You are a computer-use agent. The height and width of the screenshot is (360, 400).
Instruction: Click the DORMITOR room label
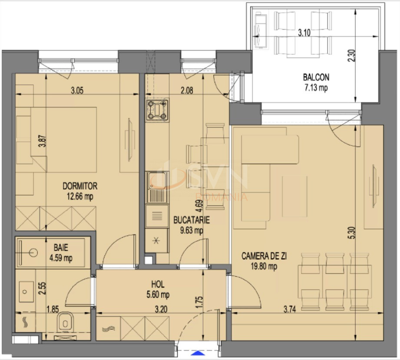(80, 186)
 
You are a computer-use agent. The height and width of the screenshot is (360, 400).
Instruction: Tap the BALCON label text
(316, 77)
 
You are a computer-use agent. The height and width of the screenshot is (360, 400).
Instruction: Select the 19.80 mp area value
(264, 267)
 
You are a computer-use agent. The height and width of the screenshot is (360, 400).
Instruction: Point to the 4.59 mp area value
(61, 258)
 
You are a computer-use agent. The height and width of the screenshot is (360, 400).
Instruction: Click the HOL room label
(158, 284)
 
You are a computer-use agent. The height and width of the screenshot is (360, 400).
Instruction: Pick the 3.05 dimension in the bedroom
(77, 90)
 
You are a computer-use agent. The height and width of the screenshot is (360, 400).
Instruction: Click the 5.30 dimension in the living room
(351, 233)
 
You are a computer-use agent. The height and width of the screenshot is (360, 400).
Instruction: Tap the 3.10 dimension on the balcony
(304, 33)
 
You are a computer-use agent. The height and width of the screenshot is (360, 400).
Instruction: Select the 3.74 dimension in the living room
(290, 310)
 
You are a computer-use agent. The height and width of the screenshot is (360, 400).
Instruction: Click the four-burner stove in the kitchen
(157, 110)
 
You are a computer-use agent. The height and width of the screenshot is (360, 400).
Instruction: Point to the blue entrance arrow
(198, 353)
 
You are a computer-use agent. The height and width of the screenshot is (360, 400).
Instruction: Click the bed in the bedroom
(64, 140)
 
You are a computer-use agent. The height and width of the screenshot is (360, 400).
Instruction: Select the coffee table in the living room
(294, 197)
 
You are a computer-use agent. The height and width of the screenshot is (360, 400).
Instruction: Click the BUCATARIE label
(192, 220)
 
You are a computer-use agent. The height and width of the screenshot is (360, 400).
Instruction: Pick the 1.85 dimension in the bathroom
(53, 310)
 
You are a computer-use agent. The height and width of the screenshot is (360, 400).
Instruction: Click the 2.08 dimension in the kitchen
(187, 90)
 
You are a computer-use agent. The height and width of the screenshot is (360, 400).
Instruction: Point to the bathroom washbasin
(26, 292)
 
